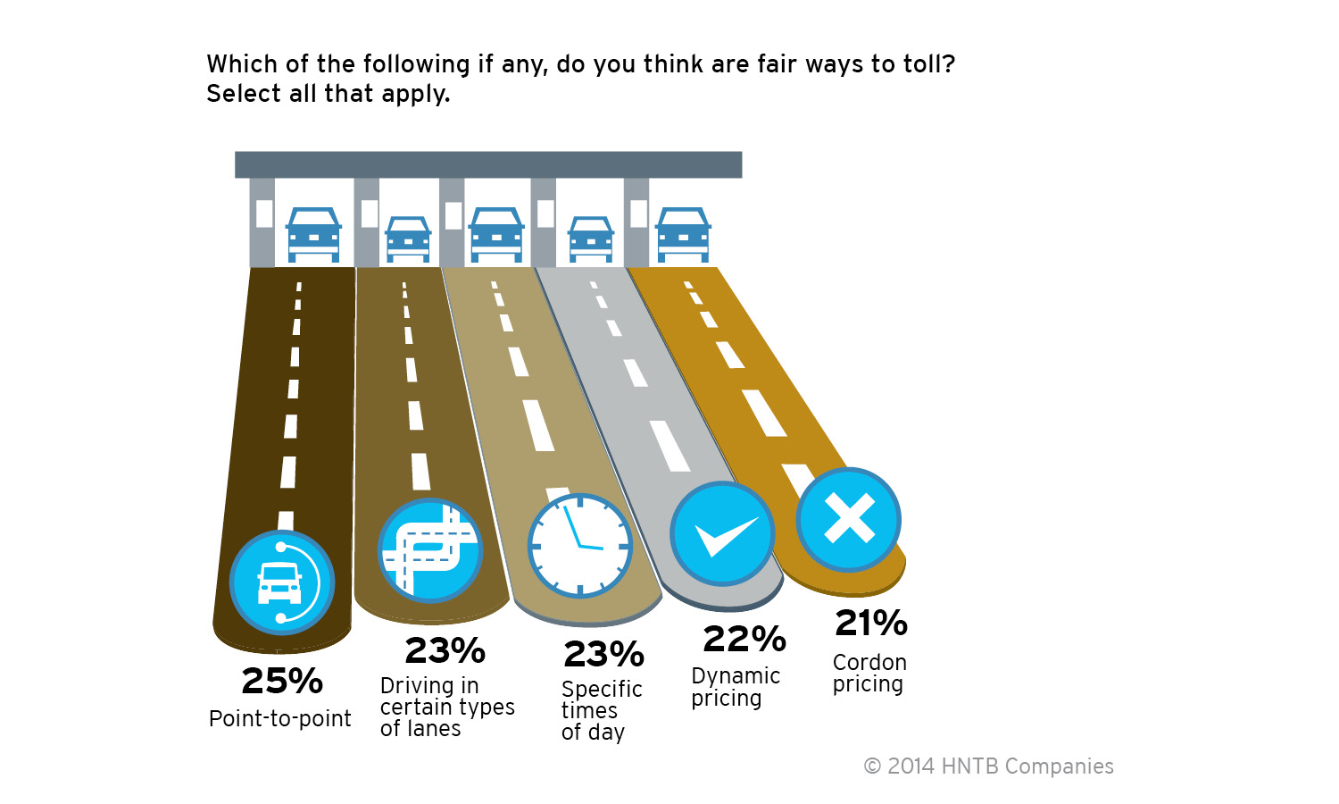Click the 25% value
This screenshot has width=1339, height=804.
coord(282,682)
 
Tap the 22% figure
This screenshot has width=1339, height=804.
coord(744,640)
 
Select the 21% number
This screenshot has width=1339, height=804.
coord(871,624)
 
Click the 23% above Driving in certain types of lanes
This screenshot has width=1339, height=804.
coord(445,651)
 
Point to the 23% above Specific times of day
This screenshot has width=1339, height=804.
coord(603,655)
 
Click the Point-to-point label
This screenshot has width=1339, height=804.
coord(279,719)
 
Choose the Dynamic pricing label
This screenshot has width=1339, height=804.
coord(736,687)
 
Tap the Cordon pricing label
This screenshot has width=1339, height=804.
coord(869,674)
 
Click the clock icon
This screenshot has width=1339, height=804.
coord(580,545)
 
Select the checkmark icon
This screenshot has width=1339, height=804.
coord(723,534)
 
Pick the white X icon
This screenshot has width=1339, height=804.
coord(849,519)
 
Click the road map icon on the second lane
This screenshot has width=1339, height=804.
coord(430,550)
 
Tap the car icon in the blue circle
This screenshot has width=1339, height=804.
coord(281,582)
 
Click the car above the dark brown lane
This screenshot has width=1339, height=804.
coord(313,235)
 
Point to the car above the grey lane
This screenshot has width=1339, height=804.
coord(591,239)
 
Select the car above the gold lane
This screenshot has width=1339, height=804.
coord(683,235)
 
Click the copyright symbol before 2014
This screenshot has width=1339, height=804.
coord(872,766)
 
